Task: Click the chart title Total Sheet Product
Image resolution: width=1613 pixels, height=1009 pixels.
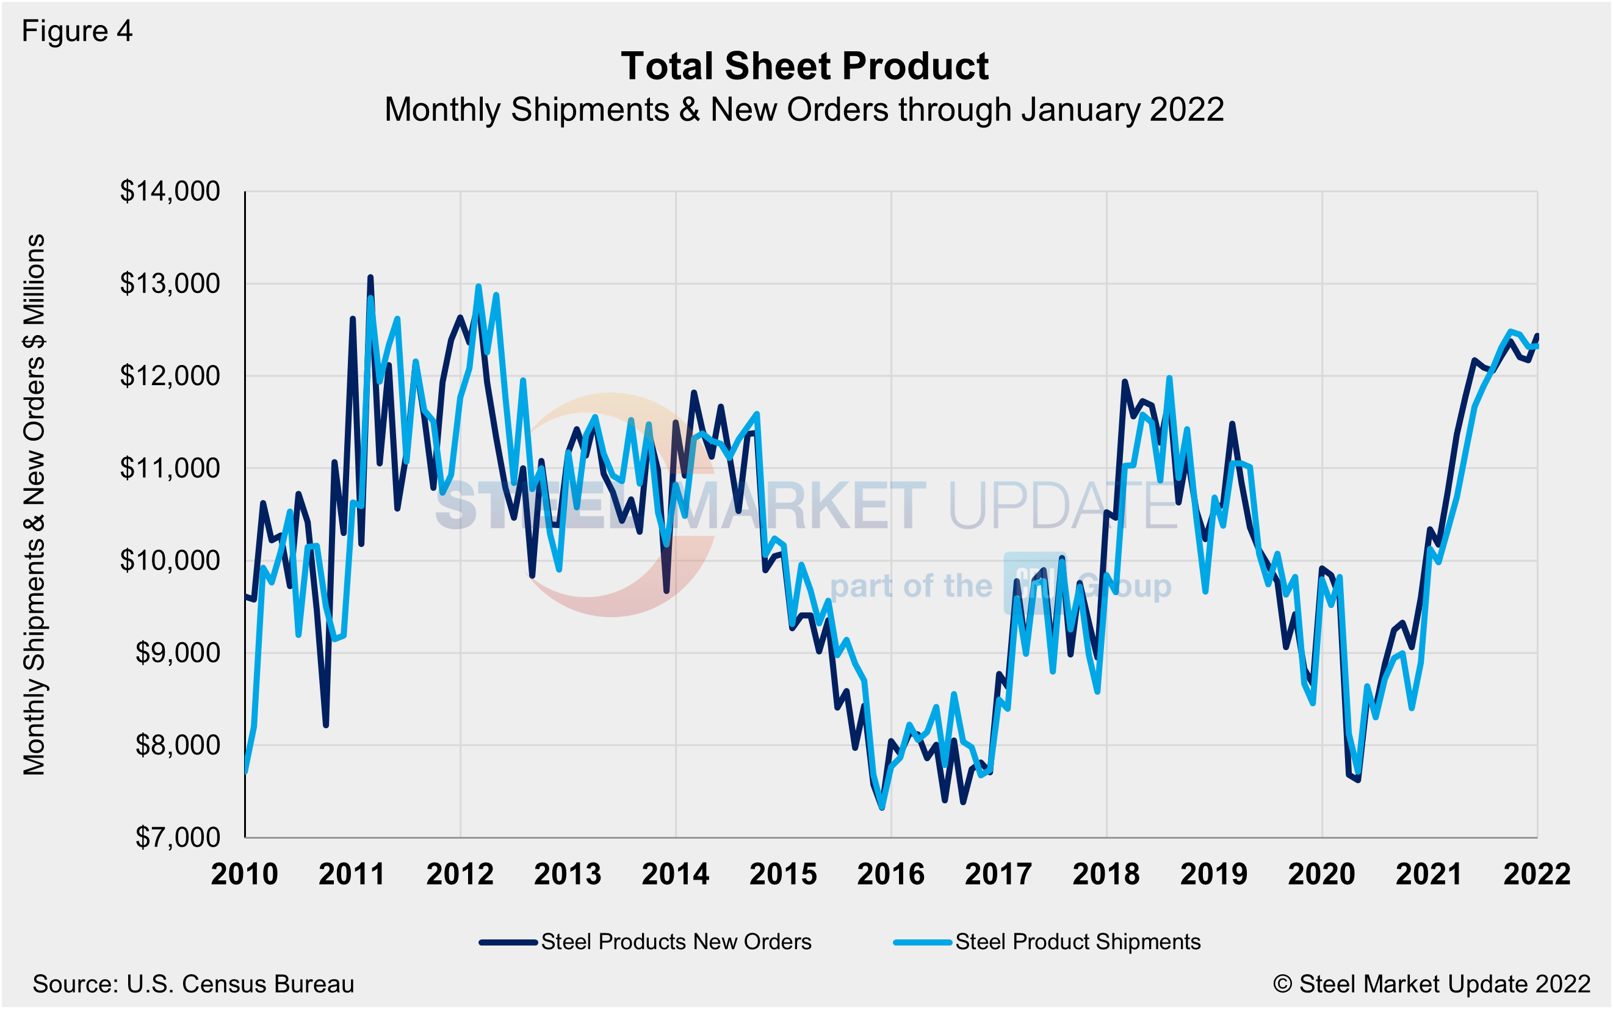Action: point(804,66)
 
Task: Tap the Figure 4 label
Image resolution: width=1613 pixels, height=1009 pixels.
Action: point(77,31)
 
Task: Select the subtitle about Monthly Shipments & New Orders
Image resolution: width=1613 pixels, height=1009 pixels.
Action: point(804,109)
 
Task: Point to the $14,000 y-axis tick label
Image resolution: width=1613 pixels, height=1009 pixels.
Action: point(170,192)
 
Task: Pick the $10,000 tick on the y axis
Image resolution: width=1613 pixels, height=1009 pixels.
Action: point(170,560)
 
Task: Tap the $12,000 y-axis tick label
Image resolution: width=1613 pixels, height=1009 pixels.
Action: point(170,377)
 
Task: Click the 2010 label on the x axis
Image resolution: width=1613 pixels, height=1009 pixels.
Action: point(244,874)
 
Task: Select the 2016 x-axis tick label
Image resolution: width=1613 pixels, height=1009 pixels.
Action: point(890,874)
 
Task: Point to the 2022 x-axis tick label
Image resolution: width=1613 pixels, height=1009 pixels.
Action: point(1537,874)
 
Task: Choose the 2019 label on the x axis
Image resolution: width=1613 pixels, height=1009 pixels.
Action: point(1213,874)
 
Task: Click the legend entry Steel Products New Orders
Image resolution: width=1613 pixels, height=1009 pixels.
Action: point(676,942)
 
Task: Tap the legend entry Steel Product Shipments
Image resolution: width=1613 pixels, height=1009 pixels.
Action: point(1077,942)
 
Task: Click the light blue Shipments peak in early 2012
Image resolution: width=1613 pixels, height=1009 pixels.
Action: point(478,286)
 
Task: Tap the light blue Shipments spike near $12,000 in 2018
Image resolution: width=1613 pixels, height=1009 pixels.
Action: point(1169,378)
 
